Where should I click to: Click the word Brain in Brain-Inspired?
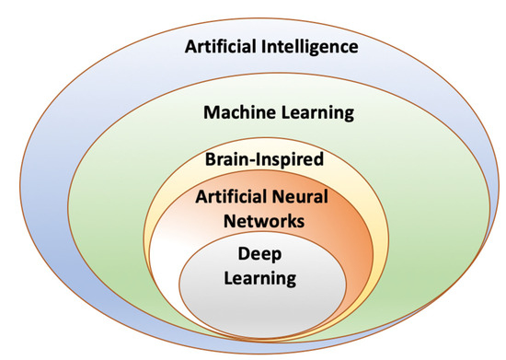click(228, 160)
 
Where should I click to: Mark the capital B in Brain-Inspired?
click(211, 160)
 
